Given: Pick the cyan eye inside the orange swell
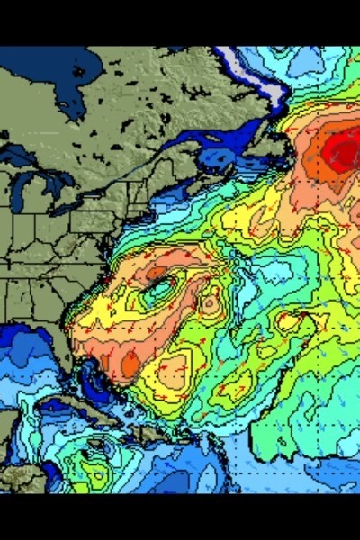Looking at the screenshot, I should tap(159, 289).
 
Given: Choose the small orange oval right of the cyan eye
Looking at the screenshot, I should tap(210, 302).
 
